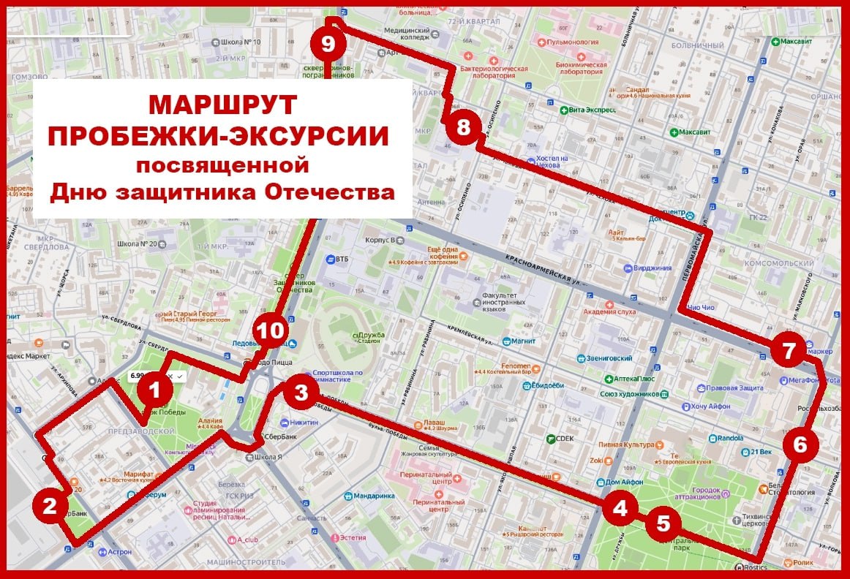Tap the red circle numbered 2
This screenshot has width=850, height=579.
pos(50,506)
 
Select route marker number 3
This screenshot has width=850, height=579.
pos(301,393)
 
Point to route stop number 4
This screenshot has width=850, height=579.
pos(620,508)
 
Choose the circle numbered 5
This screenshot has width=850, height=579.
pos(663,523)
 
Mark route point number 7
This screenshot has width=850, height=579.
pos(788,352)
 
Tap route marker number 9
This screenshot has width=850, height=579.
pos(328,43)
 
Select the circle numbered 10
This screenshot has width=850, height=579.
pos(270,331)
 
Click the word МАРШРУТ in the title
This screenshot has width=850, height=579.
pos(223,105)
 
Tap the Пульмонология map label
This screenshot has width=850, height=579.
pos(582,43)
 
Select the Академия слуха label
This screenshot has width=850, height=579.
pos(615,312)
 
